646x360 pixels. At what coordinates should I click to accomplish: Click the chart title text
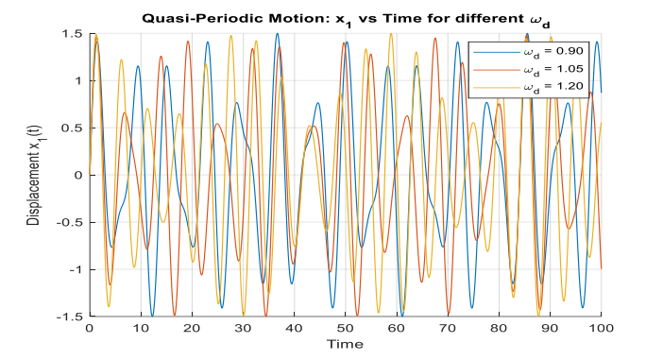point(346,20)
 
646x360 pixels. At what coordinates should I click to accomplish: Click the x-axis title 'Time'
point(345,344)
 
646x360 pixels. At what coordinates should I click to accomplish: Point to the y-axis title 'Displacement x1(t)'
point(35,175)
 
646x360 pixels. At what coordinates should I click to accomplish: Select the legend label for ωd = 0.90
point(553,52)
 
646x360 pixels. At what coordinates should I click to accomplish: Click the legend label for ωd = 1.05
point(553,69)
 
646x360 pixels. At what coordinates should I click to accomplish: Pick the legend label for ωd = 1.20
point(553,87)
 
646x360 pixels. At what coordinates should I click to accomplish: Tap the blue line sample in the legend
point(497,52)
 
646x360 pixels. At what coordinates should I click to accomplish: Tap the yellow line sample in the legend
point(497,87)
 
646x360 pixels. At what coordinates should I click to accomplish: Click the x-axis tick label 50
point(345,328)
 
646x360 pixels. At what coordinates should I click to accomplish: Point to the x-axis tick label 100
point(601,328)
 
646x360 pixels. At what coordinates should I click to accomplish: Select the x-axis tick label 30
point(243,328)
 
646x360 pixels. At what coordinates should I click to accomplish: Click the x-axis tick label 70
point(448,328)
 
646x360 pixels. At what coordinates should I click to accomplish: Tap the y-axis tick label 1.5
point(75,33)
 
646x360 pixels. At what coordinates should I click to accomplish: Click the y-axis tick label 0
point(80,175)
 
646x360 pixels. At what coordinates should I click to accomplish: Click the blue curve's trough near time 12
point(152,316)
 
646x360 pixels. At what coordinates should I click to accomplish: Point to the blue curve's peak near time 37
point(278,34)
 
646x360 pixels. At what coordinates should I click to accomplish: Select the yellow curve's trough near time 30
point(244,316)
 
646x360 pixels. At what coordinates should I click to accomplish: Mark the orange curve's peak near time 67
point(434,39)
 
